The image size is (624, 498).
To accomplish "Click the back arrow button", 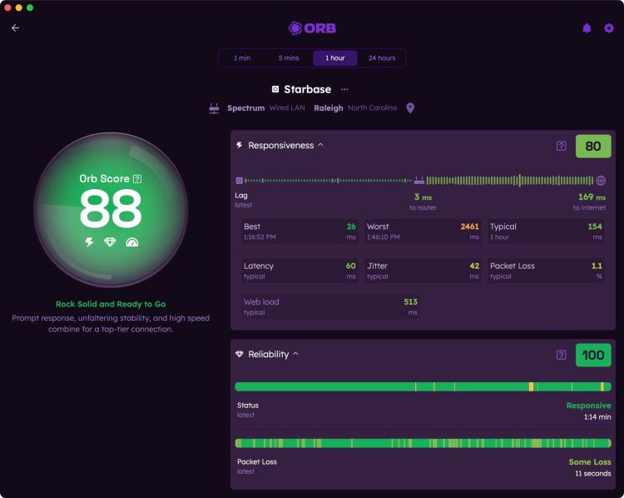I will coord(15,28).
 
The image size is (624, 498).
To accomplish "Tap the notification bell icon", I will coord(587,28).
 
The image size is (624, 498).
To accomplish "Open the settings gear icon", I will coord(608,28).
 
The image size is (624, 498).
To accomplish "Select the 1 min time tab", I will coord(242,58).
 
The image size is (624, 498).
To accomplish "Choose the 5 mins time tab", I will coord(289,58).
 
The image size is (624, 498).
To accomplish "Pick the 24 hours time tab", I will coord(382,58).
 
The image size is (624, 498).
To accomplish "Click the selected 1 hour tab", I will coord(335,58).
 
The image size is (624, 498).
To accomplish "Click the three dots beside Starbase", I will coord(344,89).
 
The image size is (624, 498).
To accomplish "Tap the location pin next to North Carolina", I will coord(410,108).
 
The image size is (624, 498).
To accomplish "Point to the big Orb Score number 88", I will coord(111,209).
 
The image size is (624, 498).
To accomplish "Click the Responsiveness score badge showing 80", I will coord(593,147).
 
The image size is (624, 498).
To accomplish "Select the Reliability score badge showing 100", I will coord(593,355).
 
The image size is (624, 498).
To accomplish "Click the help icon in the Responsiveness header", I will coord(562,147).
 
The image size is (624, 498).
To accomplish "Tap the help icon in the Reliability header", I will coord(562,355).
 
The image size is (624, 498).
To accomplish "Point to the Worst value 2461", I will coord(470,227).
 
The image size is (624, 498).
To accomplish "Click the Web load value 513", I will coord(410,301).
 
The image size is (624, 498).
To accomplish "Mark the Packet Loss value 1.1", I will coord(596,266).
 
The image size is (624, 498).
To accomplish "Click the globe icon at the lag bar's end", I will coord(601,180).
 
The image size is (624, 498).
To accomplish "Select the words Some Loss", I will coord(589,461).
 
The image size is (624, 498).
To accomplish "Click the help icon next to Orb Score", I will coord(137,178).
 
